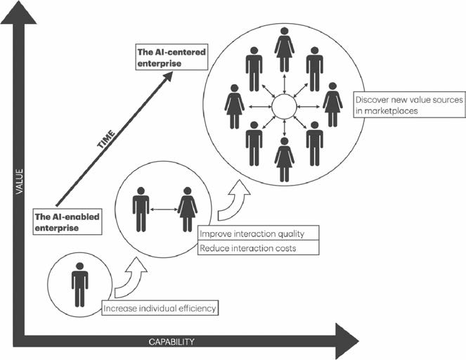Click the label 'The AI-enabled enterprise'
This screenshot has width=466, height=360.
(66, 221)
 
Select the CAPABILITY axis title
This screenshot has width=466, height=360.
(171, 342)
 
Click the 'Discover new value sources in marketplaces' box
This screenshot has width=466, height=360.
(408, 106)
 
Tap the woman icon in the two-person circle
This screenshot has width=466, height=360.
(188, 209)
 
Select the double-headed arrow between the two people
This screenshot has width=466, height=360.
(164, 208)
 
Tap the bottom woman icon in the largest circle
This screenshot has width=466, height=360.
(285, 160)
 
